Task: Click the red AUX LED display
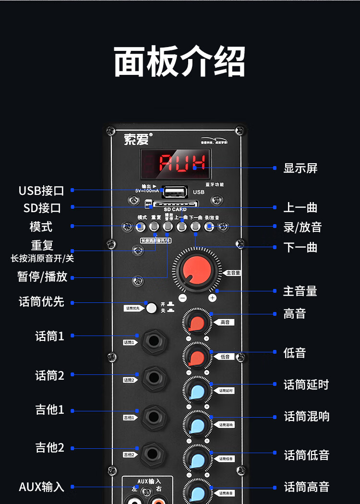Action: click(175, 163)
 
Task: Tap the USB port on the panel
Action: click(174, 192)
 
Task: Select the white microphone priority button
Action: click(152, 308)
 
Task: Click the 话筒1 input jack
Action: click(154, 342)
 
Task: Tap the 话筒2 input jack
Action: click(154, 379)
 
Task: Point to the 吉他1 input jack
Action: click(154, 416)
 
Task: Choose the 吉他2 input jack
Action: click(154, 454)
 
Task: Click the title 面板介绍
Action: click(180, 61)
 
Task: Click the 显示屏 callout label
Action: click(300, 168)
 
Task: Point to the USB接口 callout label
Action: click(41, 191)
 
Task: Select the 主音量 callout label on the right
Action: click(300, 291)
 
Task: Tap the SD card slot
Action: click(175, 204)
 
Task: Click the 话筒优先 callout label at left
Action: click(41, 302)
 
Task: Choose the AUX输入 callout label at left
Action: click(41, 487)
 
